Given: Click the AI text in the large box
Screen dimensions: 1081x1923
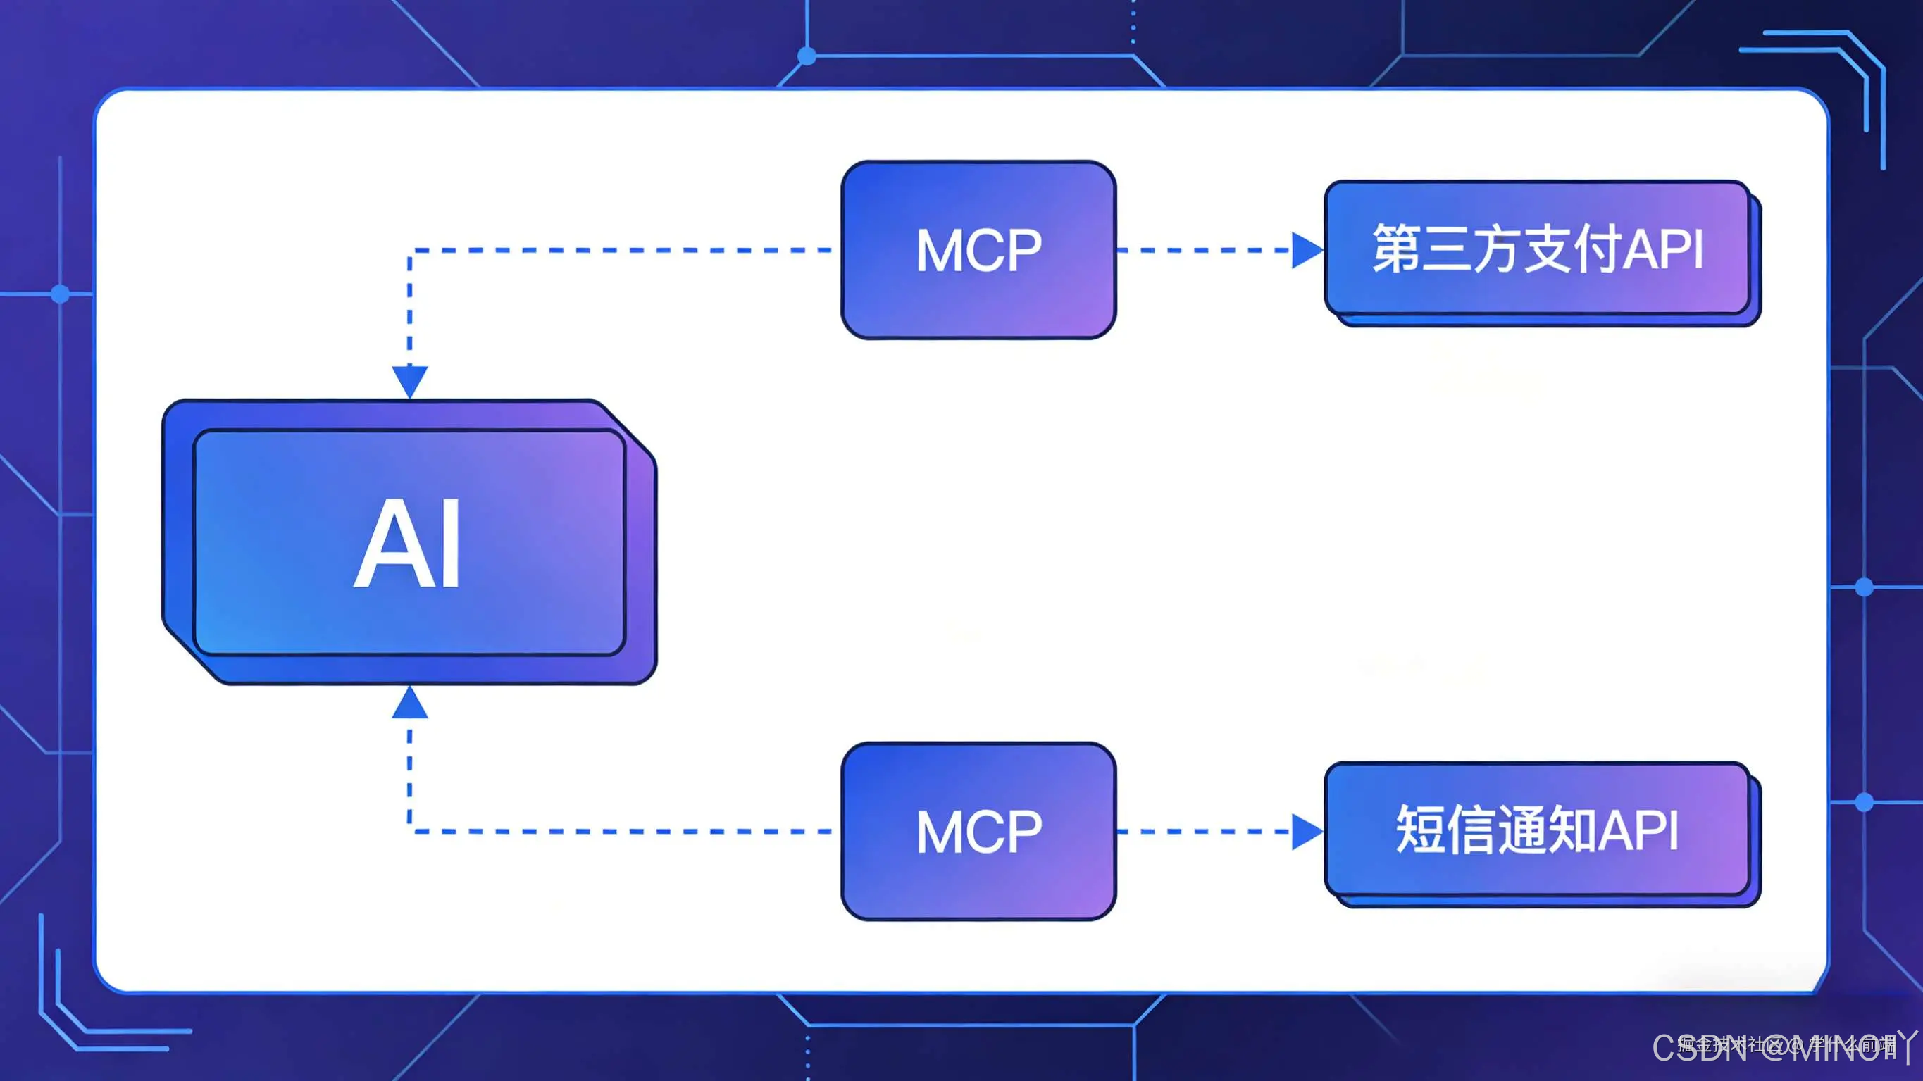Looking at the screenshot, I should click(408, 544).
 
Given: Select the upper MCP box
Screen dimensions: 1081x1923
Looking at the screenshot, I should click(978, 250).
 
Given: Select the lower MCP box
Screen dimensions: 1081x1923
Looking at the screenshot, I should click(978, 831).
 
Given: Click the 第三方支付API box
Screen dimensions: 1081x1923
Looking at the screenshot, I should click(1538, 249).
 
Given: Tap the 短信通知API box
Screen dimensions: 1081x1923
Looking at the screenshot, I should click(1538, 830).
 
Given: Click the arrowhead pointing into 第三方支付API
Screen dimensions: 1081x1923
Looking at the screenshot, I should click(1307, 250).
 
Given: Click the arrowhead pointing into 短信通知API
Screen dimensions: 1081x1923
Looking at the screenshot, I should click(1307, 831).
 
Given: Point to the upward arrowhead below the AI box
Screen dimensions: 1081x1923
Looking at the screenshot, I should click(410, 704).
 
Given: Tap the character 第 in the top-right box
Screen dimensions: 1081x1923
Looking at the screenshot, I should click(1395, 249).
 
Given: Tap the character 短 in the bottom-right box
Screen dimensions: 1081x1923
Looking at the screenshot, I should click(1419, 830).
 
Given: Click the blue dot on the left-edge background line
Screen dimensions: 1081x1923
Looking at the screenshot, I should click(61, 294).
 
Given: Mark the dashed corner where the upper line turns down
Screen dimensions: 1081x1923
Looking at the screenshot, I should click(410, 251).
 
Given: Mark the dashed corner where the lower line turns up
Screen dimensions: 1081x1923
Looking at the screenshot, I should click(410, 831).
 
